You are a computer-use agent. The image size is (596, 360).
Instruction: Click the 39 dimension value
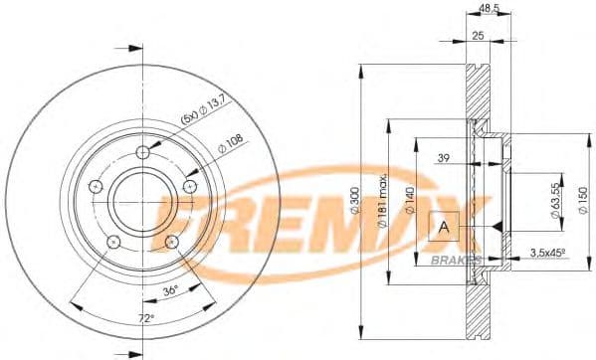(x=443, y=158)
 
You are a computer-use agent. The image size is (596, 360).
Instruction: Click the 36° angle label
(x=171, y=289)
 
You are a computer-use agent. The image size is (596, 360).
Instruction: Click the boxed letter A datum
(x=443, y=228)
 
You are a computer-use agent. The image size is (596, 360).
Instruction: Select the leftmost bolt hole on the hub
(x=96, y=187)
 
